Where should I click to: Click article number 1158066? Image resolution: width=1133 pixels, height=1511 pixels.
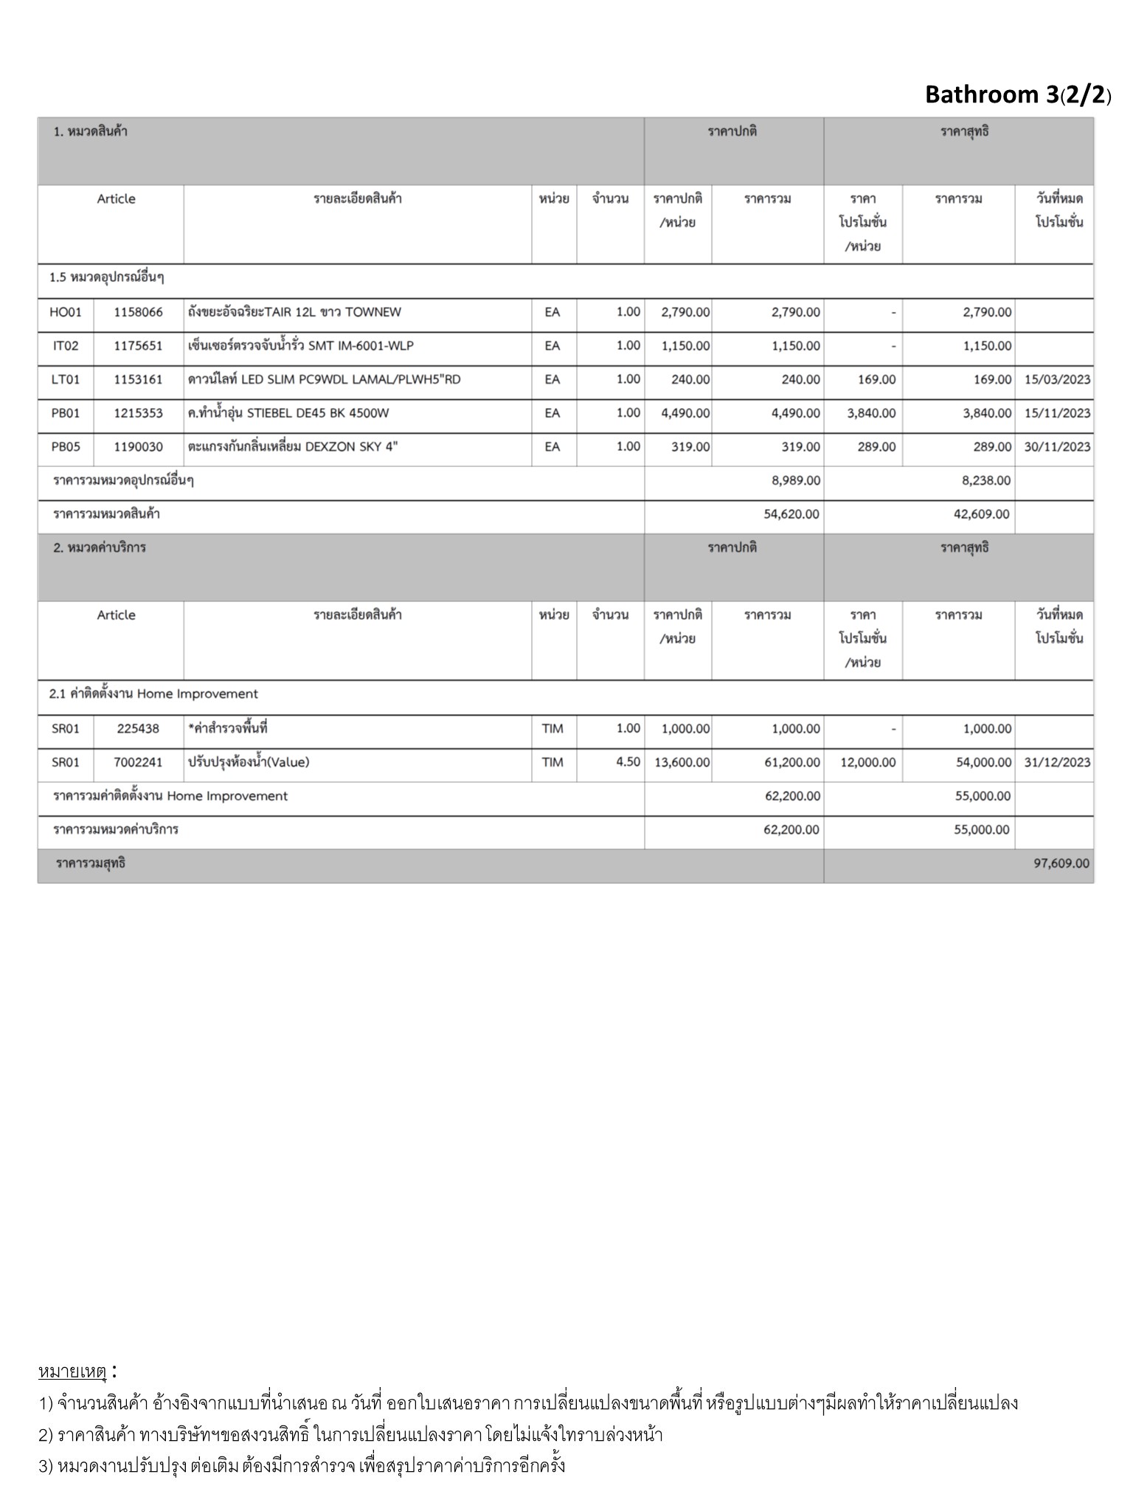pyautogui.click(x=138, y=312)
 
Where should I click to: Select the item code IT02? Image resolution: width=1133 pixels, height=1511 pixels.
pyautogui.click(x=65, y=346)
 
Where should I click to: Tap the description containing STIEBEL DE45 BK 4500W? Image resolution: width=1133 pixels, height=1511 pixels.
pyautogui.click(x=288, y=413)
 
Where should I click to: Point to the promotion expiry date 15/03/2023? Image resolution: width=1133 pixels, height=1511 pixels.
pyautogui.click(x=1056, y=380)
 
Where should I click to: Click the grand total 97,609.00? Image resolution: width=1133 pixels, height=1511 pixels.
pyautogui.click(x=1061, y=863)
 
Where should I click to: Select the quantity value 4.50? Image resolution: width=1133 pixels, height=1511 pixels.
pyautogui.click(x=628, y=762)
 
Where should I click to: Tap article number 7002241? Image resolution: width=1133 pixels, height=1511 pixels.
pyautogui.click(x=138, y=762)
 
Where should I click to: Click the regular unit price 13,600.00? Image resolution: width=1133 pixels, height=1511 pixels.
pyautogui.click(x=682, y=762)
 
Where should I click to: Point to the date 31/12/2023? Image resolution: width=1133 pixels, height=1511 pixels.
pyautogui.click(x=1056, y=762)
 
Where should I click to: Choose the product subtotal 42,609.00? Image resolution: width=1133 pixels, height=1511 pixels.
pyautogui.click(x=981, y=514)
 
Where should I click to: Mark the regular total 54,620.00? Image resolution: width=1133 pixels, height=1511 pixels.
pyautogui.click(x=791, y=514)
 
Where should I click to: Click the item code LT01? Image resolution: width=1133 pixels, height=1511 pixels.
pyautogui.click(x=65, y=380)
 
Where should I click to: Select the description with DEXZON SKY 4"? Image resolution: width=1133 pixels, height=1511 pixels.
pyautogui.click(x=293, y=447)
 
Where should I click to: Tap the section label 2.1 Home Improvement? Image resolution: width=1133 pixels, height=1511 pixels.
pyautogui.click(x=153, y=694)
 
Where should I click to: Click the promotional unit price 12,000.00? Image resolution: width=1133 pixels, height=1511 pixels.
pyautogui.click(x=867, y=762)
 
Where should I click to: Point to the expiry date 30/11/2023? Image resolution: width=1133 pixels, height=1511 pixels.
pyautogui.click(x=1056, y=447)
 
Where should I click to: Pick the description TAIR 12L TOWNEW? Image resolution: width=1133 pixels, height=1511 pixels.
pyautogui.click(x=294, y=312)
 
